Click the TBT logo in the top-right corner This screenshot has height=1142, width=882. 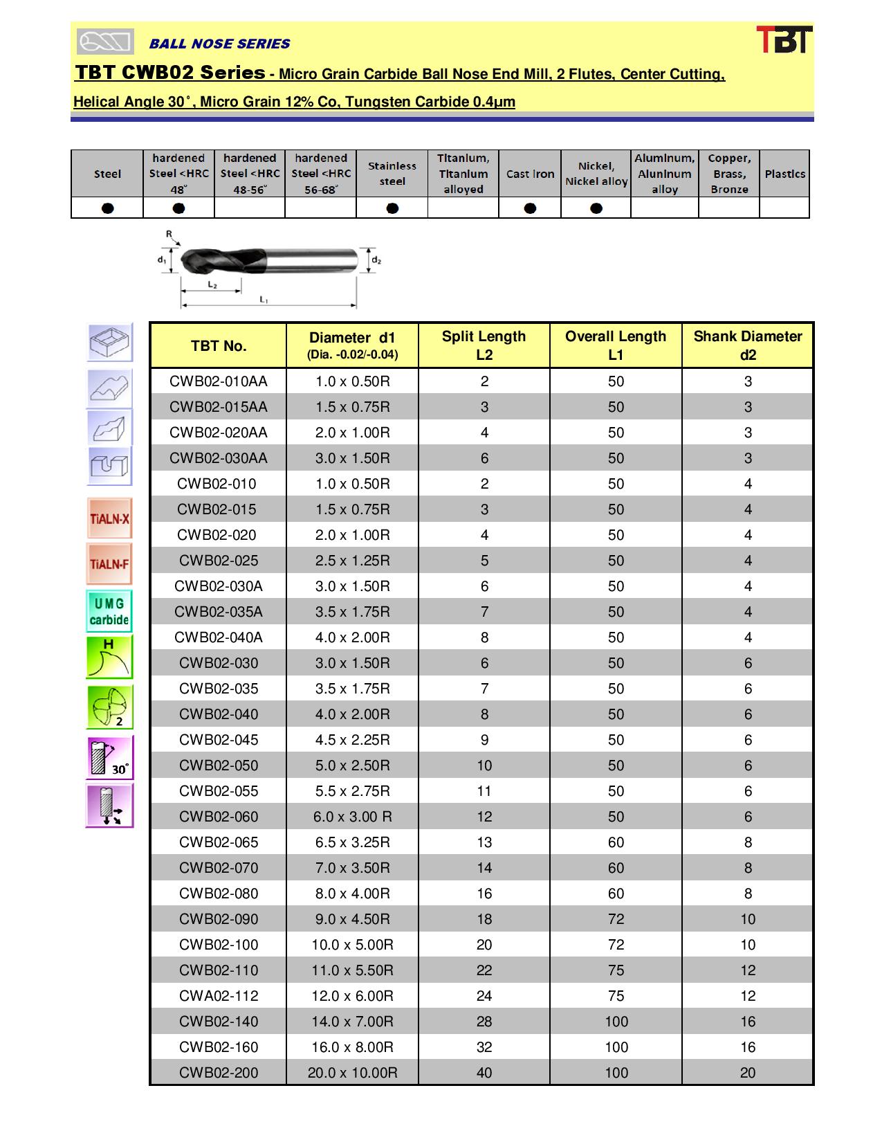pos(783,40)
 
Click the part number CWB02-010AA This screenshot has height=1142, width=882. pos(218,381)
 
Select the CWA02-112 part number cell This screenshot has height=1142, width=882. pos(218,996)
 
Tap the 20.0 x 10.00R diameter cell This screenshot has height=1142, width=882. pos(352,1073)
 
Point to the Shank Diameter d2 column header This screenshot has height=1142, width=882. pos(747,345)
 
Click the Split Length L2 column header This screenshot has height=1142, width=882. pos(484,345)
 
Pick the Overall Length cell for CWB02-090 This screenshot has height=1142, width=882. pos(616,919)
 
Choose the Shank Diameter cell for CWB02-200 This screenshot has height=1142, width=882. pos(747,1073)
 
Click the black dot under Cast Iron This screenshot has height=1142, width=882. pos(530,208)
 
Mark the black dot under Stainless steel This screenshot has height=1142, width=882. pos(392,208)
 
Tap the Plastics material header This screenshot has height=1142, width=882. pos(784,174)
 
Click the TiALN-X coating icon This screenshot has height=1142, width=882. pos(109,518)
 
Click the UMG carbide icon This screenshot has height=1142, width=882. pos(109,612)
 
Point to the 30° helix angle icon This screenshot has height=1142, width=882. pos(109,757)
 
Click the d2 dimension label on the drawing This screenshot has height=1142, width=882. pos(376,260)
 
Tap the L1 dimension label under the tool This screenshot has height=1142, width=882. pos(264,300)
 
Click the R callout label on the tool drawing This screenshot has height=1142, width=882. pos(169,235)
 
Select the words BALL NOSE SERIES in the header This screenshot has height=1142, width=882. pos(219,44)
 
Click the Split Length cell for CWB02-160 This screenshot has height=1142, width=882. pos(484,1047)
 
